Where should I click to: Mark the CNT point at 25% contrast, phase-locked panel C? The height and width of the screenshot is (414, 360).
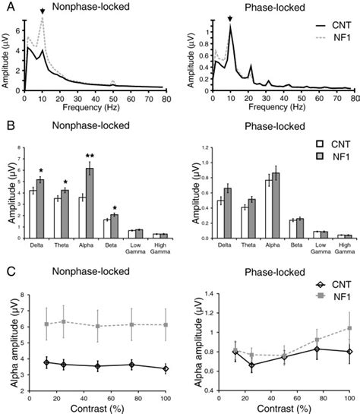pos(231,365)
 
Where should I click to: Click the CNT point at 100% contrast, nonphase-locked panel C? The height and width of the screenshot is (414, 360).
pos(166,368)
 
